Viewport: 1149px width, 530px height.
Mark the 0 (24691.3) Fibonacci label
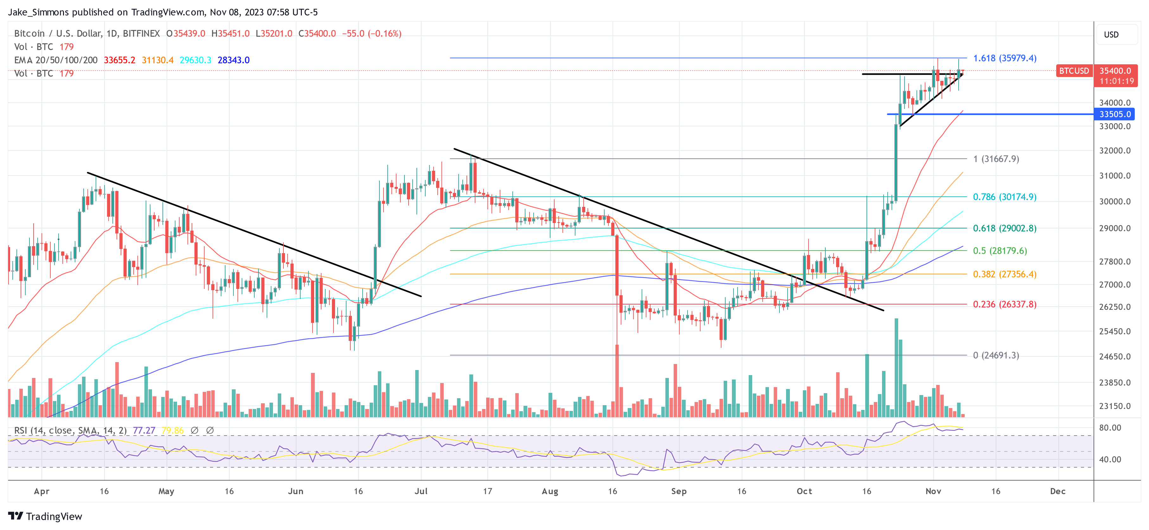pos(996,355)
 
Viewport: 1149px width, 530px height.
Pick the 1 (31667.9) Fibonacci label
pos(996,159)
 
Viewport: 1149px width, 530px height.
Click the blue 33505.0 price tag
pos(1115,114)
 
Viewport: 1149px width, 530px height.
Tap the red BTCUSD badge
pos(1074,71)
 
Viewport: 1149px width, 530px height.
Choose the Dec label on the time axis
pos(1057,491)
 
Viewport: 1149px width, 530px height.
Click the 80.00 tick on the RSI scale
pos(1110,427)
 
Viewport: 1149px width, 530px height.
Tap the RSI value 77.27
pos(144,431)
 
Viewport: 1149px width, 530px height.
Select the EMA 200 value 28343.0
pos(233,60)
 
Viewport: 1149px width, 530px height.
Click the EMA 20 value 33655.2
pos(119,60)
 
